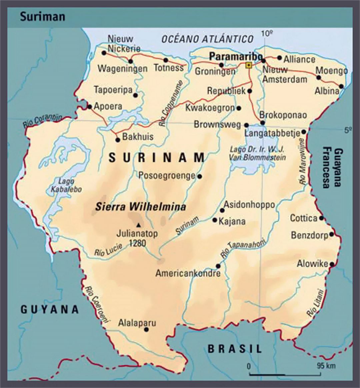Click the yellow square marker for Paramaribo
tap(248, 65)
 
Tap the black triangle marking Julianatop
tap(138, 224)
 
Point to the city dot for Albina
tap(341, 86)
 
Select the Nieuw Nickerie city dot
tap(104, 53)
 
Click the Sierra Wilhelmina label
tap(140, 207)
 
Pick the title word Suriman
tap(42, 17)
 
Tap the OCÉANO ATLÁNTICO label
tap(208, 39)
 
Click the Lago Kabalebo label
tap(66, 185)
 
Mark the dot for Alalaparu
tap(146, 330)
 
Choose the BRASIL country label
tap(235, 349)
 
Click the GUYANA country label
tap(50, 309)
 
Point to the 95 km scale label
tap(326, 366)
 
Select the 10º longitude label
tap(267, 33)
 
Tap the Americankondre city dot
tap(218, 266)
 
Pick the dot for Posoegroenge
tap(199, 176)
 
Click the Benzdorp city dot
tap(331, 234)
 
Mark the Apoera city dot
tap(89, 107)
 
